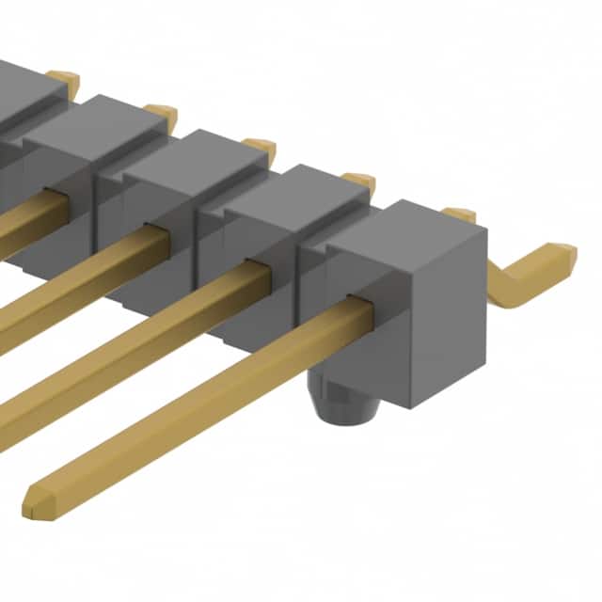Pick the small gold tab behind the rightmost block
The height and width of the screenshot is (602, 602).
(459, 214)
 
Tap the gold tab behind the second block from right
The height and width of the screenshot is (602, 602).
(358, 181)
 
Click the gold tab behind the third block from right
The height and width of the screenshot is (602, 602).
(259, 147)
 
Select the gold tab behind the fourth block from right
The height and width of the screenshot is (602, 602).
(161, 112)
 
